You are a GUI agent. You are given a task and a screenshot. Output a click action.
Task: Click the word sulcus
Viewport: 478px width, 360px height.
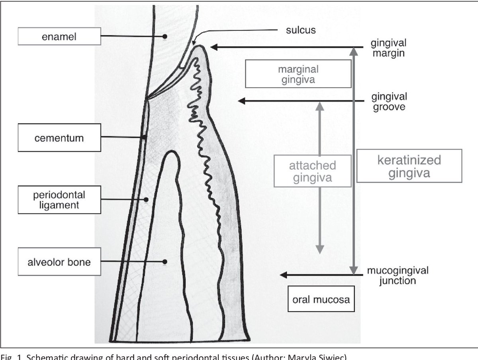click(300, 30)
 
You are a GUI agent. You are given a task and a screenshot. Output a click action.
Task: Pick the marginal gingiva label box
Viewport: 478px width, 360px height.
click(298, 74)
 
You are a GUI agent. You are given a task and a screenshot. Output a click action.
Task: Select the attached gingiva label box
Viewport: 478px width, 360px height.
click(312, 171)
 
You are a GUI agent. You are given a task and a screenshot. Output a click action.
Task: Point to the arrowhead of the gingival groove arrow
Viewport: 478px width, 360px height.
click(241, 102)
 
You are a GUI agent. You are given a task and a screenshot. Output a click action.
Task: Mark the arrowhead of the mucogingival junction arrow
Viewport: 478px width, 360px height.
click(282, 274)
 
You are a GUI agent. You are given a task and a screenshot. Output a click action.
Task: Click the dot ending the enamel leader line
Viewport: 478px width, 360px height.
click(164, 37)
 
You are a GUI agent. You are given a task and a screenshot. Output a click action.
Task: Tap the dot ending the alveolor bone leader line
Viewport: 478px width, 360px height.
click(164, 262)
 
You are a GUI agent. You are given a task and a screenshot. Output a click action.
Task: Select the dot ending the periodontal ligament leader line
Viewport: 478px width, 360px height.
click(147, 200)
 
